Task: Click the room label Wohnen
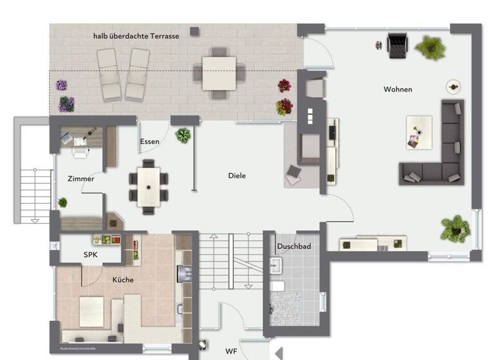click(398, 89)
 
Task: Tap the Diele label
click(237, 175)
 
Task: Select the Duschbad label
click(294, 246)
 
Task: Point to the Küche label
click(123, 280)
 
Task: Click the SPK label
click(91, 255)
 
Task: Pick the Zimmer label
click(81, 179)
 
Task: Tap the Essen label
click(149, 141)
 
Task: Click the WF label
click(231, 352)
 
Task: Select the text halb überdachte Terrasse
click(136, 36)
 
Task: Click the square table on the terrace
click(219, 73)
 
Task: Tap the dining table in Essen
click(149, 186)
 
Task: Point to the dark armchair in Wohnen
click(398, 44)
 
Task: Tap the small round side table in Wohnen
click(453, 86)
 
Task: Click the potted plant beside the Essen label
click(183, 135)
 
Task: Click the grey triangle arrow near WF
click(279, 352)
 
